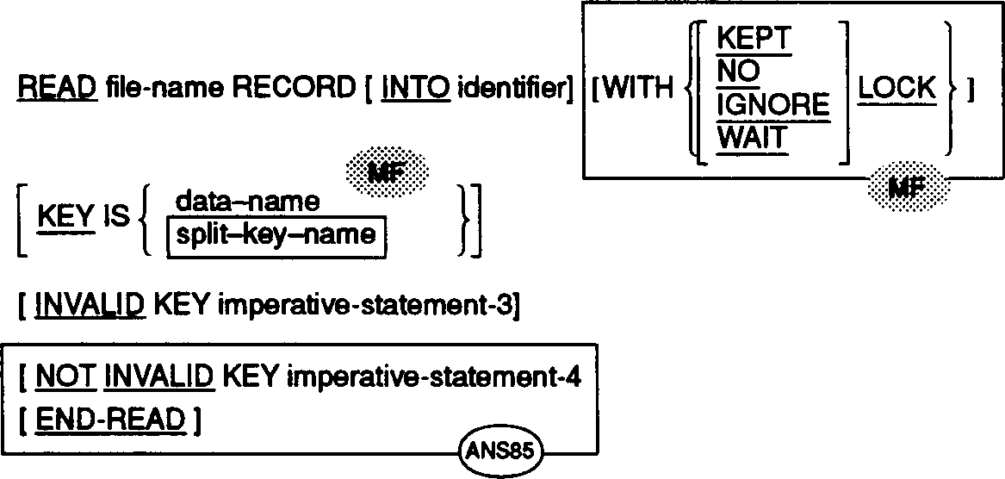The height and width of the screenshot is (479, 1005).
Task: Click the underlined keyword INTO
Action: click(x=415, y=90)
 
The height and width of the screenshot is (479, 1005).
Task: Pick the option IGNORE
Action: click(x=773, y=105)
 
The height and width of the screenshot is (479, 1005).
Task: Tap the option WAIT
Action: click(x=754, y=138)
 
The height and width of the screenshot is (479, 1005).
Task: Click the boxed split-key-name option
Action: click(x=276, y=233)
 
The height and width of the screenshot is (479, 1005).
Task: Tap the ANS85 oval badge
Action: click(x=499, y=451)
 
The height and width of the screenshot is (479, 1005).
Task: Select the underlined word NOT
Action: click(x=65, y=377)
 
